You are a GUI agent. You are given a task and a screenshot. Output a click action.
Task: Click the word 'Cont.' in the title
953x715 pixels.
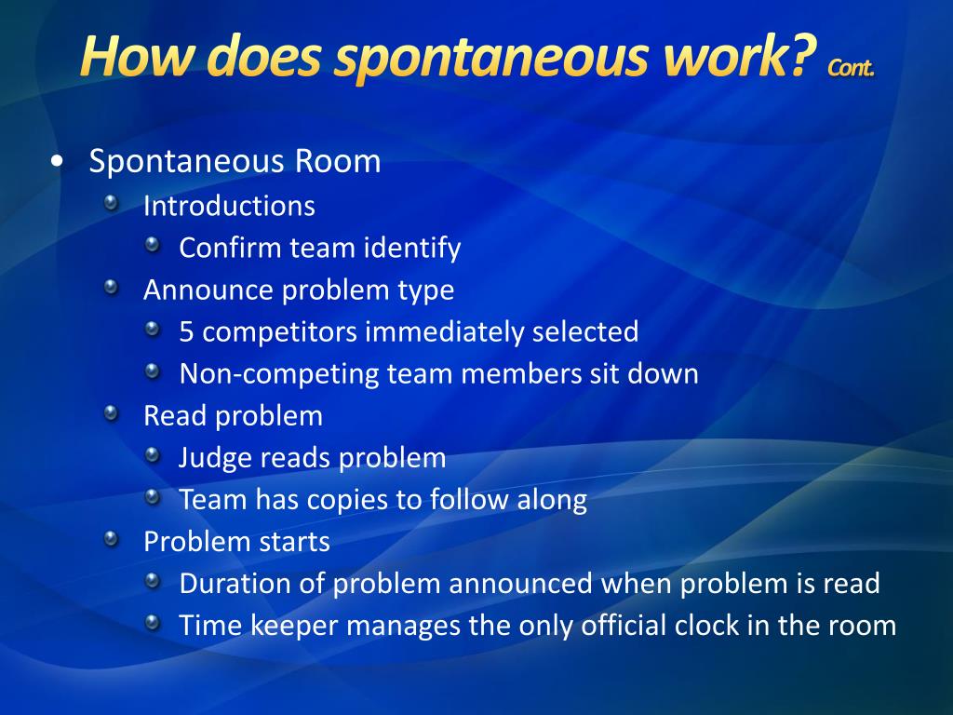[851, 66]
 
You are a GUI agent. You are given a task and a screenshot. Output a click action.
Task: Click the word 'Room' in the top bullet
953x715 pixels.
[338, 161]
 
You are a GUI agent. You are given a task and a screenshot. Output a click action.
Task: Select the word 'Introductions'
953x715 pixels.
[229, 206]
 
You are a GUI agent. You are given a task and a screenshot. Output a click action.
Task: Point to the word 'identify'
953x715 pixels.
[412, 249]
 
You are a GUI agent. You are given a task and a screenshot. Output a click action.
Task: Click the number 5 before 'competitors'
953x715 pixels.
[186, 331]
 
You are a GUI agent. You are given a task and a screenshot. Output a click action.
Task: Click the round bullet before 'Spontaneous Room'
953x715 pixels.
[58, 162]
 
